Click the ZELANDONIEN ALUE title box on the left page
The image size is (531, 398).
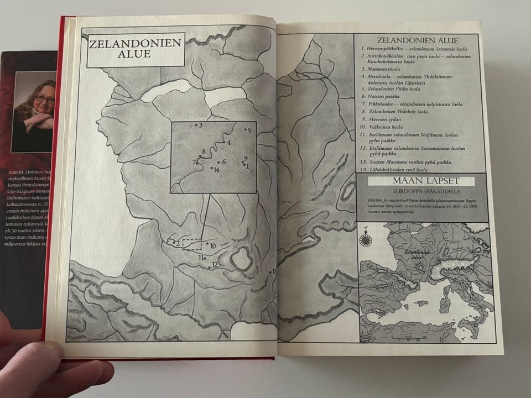coord(127,50)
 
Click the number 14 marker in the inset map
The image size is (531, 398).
coord(215,169)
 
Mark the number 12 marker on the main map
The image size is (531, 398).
coord(212,265)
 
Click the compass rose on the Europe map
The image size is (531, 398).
coord(365,239)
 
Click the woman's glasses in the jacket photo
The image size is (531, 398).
coord(44,99)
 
